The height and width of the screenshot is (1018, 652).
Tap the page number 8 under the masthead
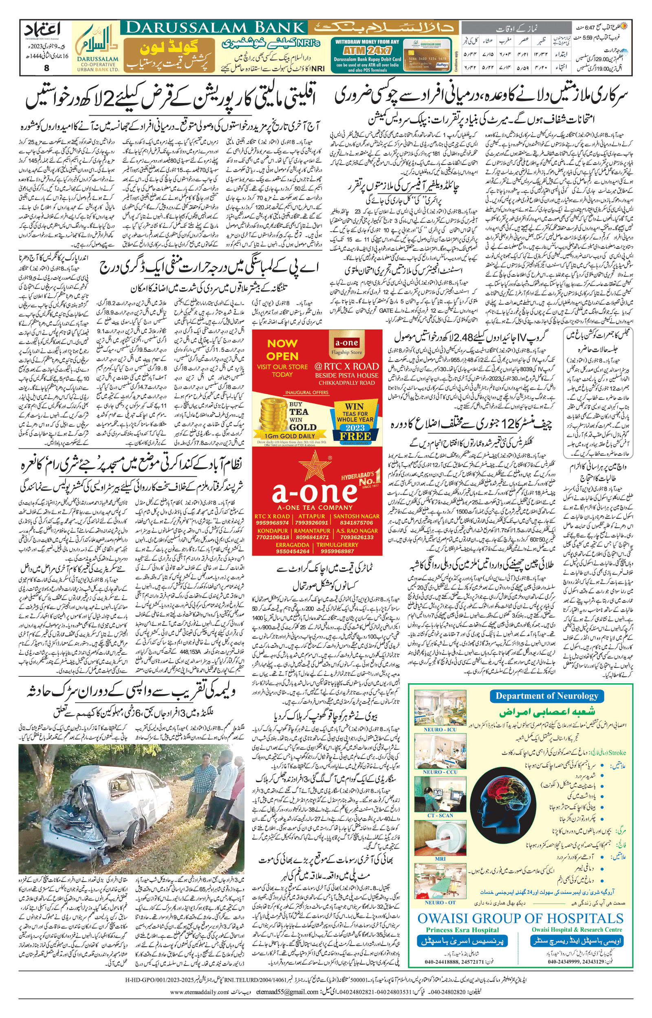coord(46,67)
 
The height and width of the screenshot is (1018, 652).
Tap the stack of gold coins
coord(273,416)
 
